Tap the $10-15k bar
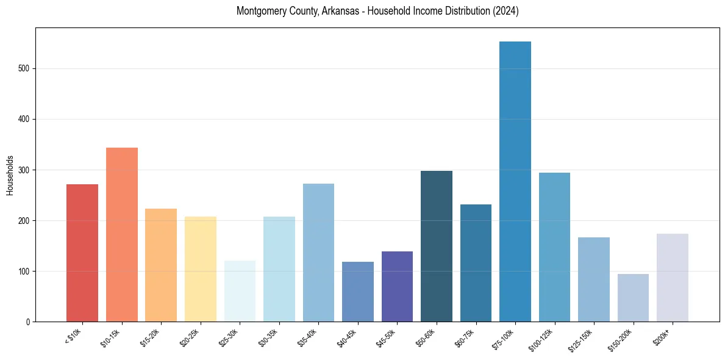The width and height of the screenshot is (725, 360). coord(122,234)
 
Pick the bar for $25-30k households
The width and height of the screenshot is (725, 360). coord(240,291)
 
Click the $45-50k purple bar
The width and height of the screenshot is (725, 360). coord(397,286)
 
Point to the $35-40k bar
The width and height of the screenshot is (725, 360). coord(318,253)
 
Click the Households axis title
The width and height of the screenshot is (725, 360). coord(10,175)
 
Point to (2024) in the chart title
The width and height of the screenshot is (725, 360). coord(505,11)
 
